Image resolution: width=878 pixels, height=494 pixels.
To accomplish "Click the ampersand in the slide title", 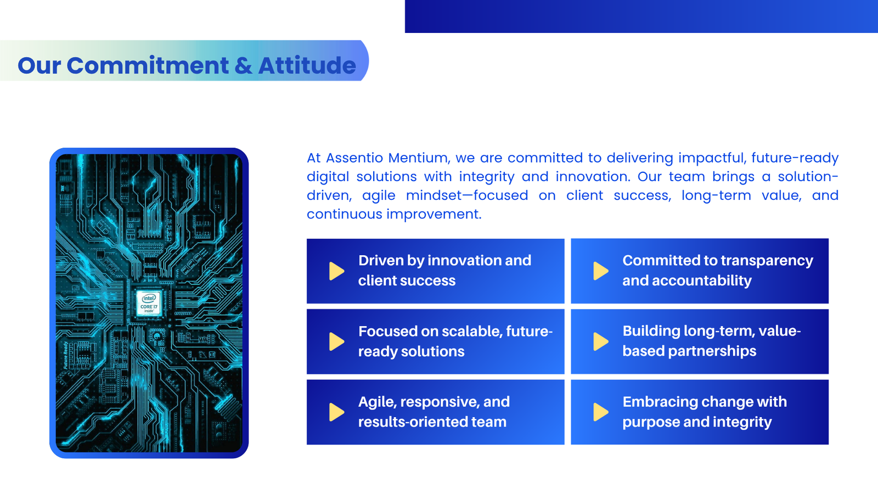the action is (x=244, y=65).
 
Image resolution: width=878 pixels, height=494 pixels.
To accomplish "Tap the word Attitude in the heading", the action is (x=307, y=65).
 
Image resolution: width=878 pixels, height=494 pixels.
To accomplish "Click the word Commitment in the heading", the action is (x=148, y=65).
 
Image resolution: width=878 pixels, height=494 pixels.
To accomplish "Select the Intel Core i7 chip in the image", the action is (x=149, y=302).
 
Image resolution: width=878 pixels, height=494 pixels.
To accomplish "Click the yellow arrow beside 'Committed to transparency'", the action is (x=601, y=271).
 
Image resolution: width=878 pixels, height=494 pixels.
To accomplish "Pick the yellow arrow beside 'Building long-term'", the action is (x=601, y=341).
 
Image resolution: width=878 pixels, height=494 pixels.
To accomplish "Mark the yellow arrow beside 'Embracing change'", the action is (x=601, y=412).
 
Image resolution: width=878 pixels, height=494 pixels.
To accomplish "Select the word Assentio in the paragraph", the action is (x=354, y=158).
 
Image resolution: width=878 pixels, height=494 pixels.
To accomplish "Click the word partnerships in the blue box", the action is (x=712, y=351).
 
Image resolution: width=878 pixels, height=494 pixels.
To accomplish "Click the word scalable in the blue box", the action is (x=471, y=332).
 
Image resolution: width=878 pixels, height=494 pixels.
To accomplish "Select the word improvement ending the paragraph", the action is (x=434, y=215).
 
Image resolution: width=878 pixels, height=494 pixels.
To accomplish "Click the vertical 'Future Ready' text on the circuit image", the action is (x=66, y=355).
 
